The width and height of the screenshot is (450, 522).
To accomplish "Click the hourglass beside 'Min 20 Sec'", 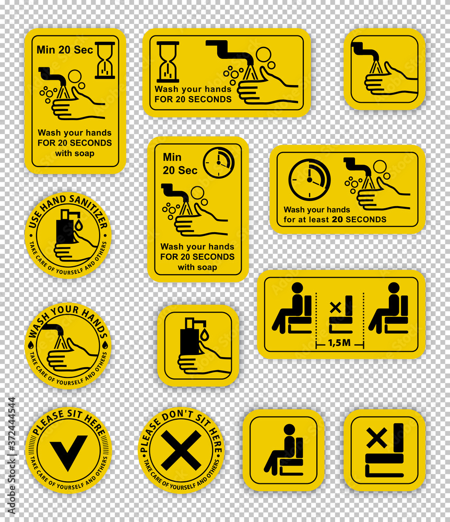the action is (x=105, y=60).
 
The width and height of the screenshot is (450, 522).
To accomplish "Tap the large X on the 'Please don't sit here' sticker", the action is (x=181, y=450).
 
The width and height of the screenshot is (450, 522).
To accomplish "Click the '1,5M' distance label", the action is (x=339, y=342).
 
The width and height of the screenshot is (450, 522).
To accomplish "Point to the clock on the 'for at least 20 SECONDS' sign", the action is (x=309, y=180).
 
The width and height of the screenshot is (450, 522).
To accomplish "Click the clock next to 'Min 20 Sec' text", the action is (x=219, y=163).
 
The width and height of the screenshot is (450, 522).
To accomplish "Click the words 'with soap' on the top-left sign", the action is (x=75, y=153).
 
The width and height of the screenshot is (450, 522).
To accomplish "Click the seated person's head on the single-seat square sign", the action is (x=289, y=430).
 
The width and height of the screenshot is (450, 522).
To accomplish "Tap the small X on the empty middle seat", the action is (x=336, y=307).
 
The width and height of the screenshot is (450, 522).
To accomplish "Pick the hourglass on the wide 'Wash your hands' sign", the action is (x=168, y=62).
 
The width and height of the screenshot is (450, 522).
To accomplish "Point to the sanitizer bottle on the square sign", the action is (x=190, y=337).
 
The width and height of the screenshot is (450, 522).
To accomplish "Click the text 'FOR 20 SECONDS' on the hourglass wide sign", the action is (x=193, y=99).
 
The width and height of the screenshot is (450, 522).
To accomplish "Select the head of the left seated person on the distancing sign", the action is (x=297, y=288).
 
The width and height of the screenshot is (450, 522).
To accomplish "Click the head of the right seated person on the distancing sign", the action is (x=394, y=288).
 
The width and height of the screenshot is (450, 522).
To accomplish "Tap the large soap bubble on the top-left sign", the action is (x=75, y=76).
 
